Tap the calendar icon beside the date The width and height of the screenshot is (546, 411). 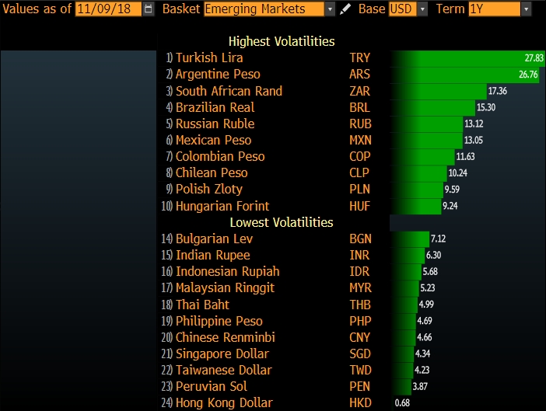point(149,9)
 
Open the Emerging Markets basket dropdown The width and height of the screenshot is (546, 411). point(269,9)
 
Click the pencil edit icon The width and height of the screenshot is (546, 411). point(345,9)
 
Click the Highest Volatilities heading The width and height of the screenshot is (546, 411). point(282,41)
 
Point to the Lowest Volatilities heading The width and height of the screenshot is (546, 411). point(281,222)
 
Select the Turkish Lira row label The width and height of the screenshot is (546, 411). point(208,57)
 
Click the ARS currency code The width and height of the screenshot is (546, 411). point(359,75)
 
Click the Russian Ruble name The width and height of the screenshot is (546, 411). point(215,124)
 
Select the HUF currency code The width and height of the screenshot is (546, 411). point(359,206)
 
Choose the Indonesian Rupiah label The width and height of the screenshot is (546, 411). point(227,271)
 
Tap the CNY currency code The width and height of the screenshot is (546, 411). point(360,337)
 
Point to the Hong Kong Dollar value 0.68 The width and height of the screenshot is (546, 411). point(402,402)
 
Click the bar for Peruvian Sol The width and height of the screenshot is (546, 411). point(401,386)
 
